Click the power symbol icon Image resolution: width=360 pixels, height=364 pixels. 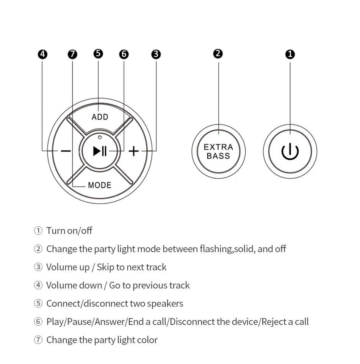tap(290, 152)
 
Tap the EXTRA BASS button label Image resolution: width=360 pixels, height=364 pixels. tap(218, 151)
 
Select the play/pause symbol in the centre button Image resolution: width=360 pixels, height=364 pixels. tap(100, 151)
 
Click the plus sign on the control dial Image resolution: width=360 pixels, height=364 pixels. tap(134, 151)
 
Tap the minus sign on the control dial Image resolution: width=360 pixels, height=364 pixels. tap(66, 151)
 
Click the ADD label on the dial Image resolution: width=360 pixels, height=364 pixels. tap(100, 117)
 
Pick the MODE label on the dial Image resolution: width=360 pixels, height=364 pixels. tap(100, 185)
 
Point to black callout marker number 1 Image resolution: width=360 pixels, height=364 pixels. tap(290, 54)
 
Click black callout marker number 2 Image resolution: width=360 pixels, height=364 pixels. tap(218, 53)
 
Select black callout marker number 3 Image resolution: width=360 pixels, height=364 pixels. tap(156, 54)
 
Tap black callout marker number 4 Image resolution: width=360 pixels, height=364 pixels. tap(43, 54)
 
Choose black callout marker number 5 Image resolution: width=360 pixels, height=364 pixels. tap(98, 53)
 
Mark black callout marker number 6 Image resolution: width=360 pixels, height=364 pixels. tap(124, 54)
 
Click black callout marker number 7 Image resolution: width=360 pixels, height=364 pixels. tap(72, 54)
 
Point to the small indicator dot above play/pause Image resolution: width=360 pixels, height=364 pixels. tap(100, 137)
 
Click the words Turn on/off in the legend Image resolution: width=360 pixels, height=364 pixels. tap(69, 231)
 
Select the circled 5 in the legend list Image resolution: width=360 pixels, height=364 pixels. tap(38, 304)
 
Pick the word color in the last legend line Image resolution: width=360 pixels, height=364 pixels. tap(147, 340)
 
